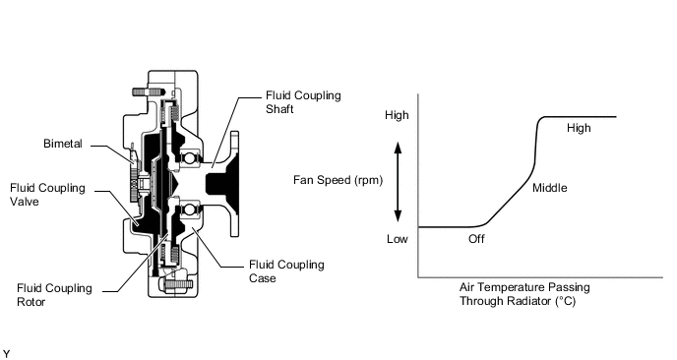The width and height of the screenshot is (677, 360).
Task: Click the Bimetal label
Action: [63, 144]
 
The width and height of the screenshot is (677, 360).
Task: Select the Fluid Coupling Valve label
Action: [47, 195]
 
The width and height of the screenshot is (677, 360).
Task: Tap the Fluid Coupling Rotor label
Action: [54, 295]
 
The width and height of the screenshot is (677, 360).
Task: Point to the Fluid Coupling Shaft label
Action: [303, 102]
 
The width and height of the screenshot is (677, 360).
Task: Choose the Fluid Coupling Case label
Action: [286, 271]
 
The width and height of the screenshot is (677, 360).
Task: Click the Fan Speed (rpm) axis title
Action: [338, 180]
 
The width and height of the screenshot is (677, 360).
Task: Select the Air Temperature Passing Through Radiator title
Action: [524, 294]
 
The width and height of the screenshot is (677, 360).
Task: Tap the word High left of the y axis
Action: [397, 115]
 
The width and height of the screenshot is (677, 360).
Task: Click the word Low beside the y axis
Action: [398, 239]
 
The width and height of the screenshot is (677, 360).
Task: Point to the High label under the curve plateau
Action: [579, 128]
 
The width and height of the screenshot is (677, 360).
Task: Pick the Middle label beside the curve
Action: [550, 188]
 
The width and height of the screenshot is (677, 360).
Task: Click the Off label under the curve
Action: [476, 239]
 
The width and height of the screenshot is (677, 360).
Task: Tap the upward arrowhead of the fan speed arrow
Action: [399, 149]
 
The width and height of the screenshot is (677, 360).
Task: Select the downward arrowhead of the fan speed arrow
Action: [399, 215]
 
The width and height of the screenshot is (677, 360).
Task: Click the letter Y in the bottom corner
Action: [6, 354]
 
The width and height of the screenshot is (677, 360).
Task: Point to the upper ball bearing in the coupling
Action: [189, 157]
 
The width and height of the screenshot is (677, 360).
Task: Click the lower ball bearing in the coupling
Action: [189, 210]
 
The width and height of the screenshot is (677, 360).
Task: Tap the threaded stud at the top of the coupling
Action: [148, 91]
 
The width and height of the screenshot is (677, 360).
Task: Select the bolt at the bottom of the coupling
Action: [177, 284]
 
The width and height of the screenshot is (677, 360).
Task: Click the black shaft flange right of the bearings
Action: [223, 184]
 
